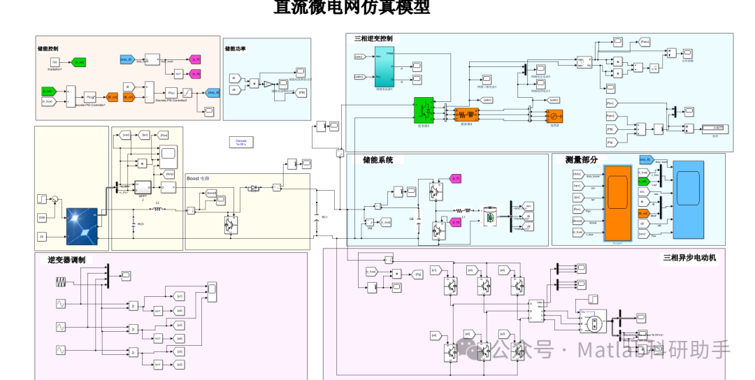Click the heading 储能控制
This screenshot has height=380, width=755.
point(48,50)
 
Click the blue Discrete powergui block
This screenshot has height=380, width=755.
point(241,142)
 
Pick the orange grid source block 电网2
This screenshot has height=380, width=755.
point(554,116)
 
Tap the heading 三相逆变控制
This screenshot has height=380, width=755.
point(373,38)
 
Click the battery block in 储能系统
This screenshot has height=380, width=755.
point(490,217)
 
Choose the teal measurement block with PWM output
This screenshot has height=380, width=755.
point(384,68)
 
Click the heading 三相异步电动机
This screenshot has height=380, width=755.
point(689,257)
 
